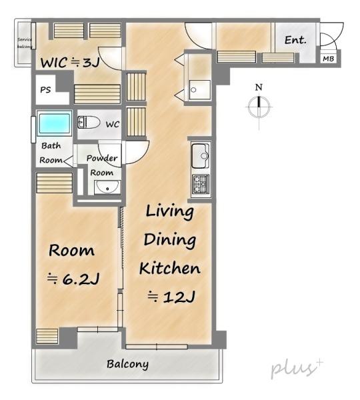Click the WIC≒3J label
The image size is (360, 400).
click(x=70, y=63)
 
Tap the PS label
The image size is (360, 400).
click(x=46, y=90)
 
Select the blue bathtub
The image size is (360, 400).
click(x=54, y=123)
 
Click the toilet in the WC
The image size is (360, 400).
click(x=89, y=122)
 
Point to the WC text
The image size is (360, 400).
click(x=113, y=125)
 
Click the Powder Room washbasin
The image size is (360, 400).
click(x=107, y=187)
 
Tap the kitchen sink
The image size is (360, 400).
click(x=201, y=155)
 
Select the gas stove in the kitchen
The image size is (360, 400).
click(x=201, y=184)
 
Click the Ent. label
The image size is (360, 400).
click(x=295, y=40)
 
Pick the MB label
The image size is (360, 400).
click(x=329, y=59)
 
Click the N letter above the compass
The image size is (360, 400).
click(x=259, y=87)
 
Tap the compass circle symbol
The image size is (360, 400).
click(x=259, y=107)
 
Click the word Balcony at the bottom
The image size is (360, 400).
click(x=127, y=364)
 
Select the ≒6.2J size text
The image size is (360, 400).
click(x=73, y=279)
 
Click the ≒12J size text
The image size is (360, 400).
click(x=171, y=297)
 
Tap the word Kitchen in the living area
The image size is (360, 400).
click(x=170, y=269)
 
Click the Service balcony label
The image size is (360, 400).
click(x=25, y=43)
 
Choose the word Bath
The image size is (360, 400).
click(x=51, y=145)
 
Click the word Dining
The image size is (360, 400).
click(x=170, y=241)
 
